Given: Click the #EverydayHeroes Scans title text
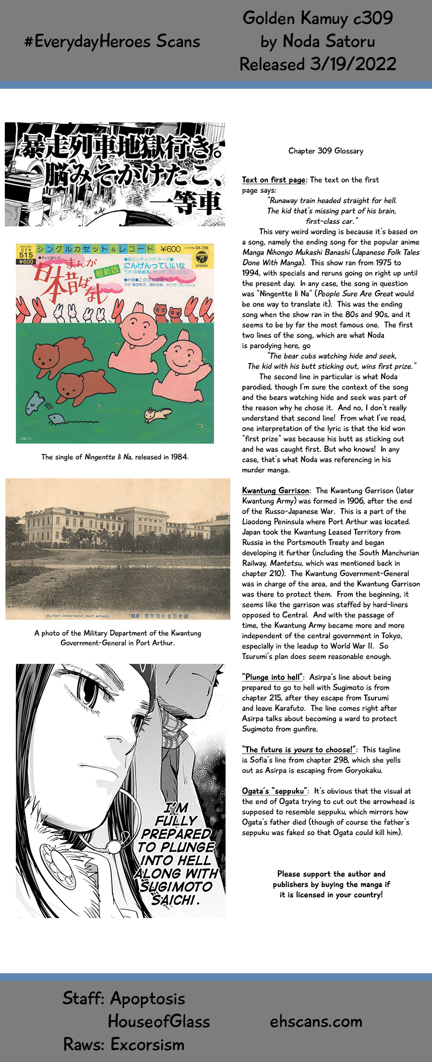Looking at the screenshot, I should (112, 41).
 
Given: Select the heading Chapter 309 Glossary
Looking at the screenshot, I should (326, 151).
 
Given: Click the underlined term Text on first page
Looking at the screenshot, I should (274, 180).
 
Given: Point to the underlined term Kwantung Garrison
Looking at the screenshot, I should (276, 490).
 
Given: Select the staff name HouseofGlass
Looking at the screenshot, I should (159, 1021).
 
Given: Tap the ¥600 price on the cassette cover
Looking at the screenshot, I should (170, 249).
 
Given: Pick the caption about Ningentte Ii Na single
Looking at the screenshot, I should (115, 457).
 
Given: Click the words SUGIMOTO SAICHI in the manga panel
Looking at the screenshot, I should (176, 893).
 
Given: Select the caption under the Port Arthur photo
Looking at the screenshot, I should (118, 637).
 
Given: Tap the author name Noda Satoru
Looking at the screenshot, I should (329, 41).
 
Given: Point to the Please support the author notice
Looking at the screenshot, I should (331, 884).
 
